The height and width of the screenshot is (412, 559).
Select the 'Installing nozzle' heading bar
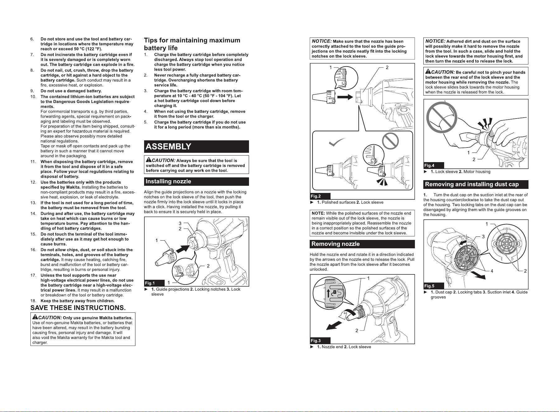[196, 181]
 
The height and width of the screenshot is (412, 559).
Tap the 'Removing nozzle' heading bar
[362, 244]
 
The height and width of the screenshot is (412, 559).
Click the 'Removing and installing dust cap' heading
[476, 185]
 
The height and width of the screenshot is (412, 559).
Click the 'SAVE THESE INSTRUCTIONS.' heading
[78, 308]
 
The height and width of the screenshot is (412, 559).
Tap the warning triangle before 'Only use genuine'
[35, 317]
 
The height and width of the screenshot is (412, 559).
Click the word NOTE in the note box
[318, 213]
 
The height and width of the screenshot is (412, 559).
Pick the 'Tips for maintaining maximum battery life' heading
[192, 44]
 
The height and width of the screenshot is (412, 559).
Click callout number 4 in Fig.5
[492, 271]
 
